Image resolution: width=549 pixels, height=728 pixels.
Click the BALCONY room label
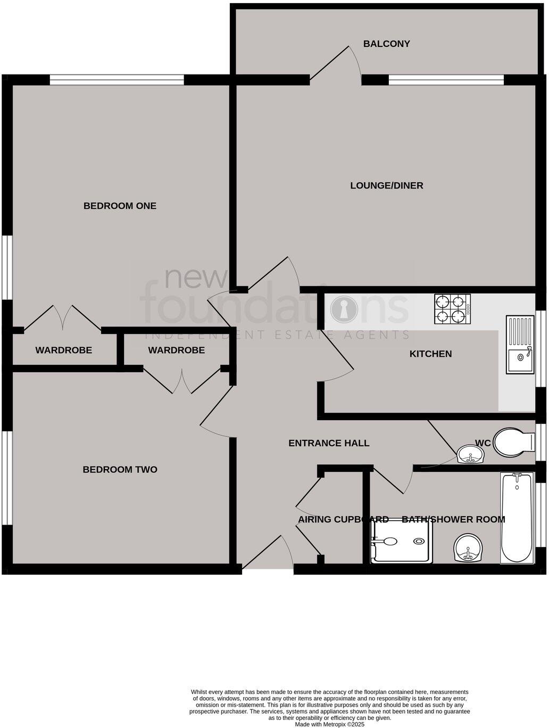click(x=386, y=44)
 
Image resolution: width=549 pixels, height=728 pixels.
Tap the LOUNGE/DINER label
click(x=386, y=185)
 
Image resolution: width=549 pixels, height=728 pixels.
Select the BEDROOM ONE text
click(x=120, y=206)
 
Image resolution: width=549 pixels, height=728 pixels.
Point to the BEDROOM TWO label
click(x=120, y=469)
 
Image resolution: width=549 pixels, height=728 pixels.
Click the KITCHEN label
click(x=430, y=354)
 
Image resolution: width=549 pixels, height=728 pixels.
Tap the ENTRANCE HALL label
click(x=328, y=443)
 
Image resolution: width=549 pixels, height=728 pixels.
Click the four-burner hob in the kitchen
click(x=449, y=309)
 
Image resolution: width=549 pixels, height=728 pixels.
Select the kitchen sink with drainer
click(x=520, y=345)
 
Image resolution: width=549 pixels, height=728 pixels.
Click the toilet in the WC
click(x=513, y=441)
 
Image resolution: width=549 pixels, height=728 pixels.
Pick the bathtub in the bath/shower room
click(x=517, y=517)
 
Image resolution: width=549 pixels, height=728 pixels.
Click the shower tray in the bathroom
click(x=402, y=542)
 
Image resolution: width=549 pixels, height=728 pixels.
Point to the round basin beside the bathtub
click(x=469, y=549)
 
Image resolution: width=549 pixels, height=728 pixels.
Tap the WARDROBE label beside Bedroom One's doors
click(x=63, y=350)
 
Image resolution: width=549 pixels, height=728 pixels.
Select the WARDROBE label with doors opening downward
click(x=176, y=350)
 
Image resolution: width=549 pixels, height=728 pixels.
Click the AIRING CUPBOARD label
click(x=343, y=519)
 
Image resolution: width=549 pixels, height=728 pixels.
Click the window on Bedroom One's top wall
click(x=117, y=80)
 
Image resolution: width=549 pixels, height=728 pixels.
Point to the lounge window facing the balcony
click(x=446, y=80)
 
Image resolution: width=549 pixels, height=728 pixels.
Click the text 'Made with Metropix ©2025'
click(x=329, y=724)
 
